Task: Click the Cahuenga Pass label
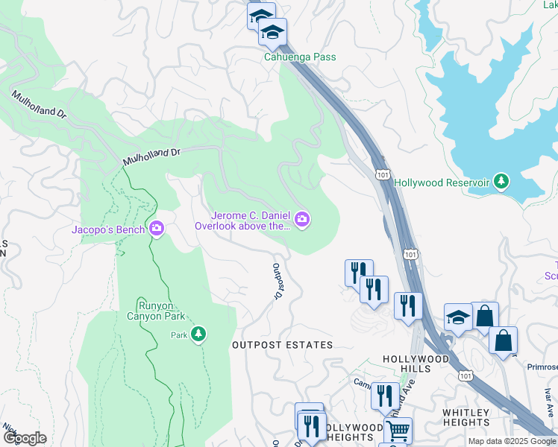coord(299,57)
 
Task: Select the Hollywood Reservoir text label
coord(441,183)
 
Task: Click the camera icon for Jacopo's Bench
coord(157,228)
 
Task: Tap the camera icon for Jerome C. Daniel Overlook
coord(302,218)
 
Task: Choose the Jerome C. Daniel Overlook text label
coord(242,221)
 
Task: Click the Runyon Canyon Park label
coord(161,311)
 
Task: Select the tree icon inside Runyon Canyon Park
coord(198,335)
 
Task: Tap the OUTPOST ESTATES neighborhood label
coord(282,345)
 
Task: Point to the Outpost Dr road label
coord(275,282)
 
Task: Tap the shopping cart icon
coord(398,430)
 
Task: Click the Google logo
coord(24,438)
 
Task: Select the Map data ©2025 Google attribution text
coord(511,441)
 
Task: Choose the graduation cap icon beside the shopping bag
coord(458,317)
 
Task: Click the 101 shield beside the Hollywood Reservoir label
coord(382,174)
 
